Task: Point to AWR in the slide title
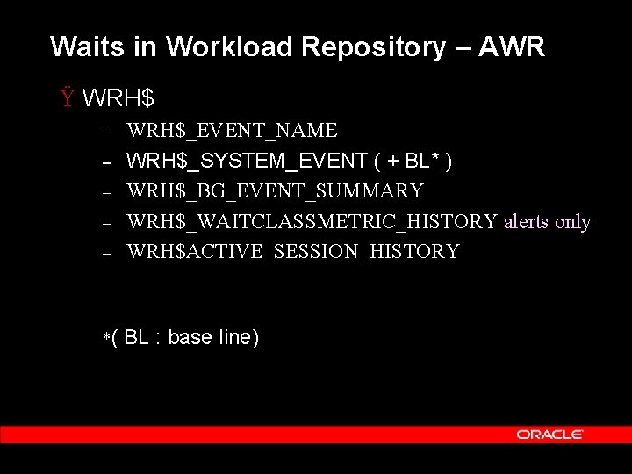click(520, 47)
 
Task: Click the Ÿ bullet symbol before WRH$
click(67, 97)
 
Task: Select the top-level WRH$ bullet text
click(111, 98)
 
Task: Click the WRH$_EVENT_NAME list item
click(232, 131)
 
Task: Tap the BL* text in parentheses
click(422, 162)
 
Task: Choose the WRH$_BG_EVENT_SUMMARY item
click(275, 191)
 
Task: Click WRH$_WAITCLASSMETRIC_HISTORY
click(312, 221)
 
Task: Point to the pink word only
click(573, 221)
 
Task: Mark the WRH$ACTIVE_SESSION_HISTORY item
click(292, 252)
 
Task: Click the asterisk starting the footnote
click(106, 336)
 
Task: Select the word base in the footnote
click(189, 337)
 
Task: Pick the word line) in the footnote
click(238, 337)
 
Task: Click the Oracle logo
click(550, 434)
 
